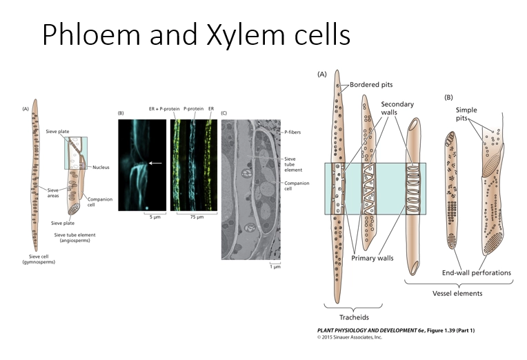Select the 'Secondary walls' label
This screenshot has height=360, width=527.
tap(399, 109)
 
